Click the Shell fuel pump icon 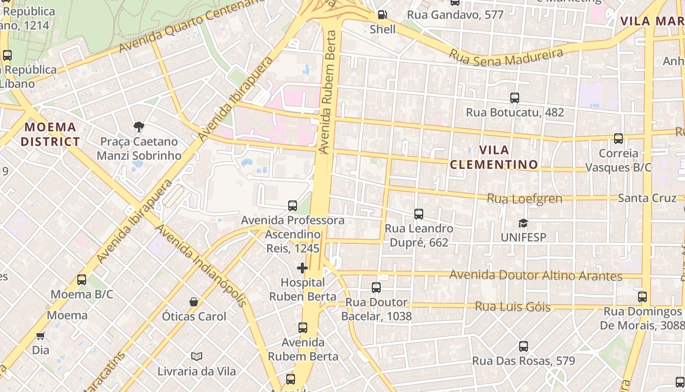coord(383,15)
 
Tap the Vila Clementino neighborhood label coord(494,157)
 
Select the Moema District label coord(50,134)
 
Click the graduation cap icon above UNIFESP coord(523,223)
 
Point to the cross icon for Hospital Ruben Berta coord(302,268)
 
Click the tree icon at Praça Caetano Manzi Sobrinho coord(139,127)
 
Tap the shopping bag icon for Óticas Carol coord(194,302)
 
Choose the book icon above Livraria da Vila coord(197,356)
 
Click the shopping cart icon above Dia coord(41,336)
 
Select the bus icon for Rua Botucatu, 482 coord(514,98)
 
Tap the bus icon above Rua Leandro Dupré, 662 coord(418,214)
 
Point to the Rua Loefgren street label coord(524,199)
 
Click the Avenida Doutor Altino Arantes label coord(535,275)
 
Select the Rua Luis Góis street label coord(513,307)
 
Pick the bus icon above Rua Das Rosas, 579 coord(523,346)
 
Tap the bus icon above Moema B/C coord(82,280)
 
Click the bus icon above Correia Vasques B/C coord(618,139)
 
